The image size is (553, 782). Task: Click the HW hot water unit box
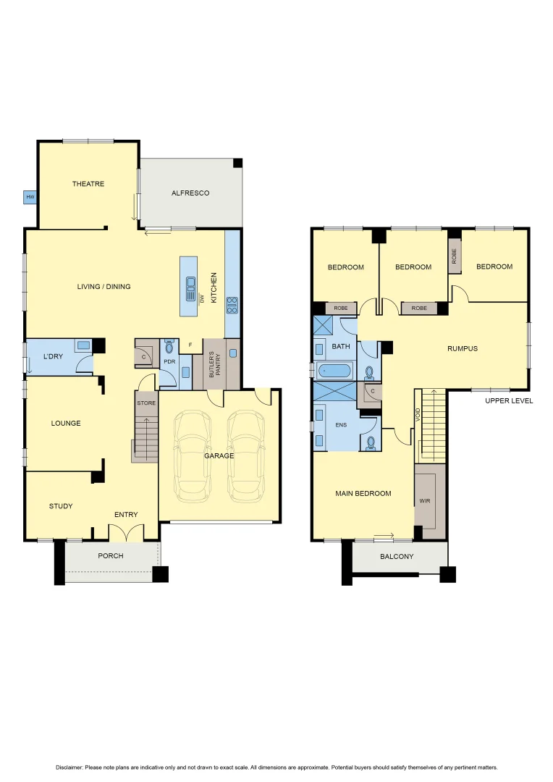click(30, 197)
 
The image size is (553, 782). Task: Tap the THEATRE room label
click(88, 184)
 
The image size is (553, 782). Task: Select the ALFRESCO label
click(190, 193)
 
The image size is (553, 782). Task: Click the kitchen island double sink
click(191, 283)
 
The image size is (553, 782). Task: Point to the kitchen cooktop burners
click(232, 305)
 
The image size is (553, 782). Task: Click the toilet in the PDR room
click(169, 348)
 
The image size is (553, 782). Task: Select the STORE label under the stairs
click(146, 403)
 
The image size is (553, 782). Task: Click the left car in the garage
click(192, 456)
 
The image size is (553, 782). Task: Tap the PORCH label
click(111, 556)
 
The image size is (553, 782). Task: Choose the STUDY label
click(61, 506)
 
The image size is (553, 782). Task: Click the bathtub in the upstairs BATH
click(333, 371)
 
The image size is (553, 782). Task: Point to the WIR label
click(425, 500)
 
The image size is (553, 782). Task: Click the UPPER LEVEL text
click(509, 400)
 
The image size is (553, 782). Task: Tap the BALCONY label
click(397, 557)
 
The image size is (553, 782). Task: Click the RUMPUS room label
click(463, 348)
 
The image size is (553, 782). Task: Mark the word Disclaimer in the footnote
click(69, 768)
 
